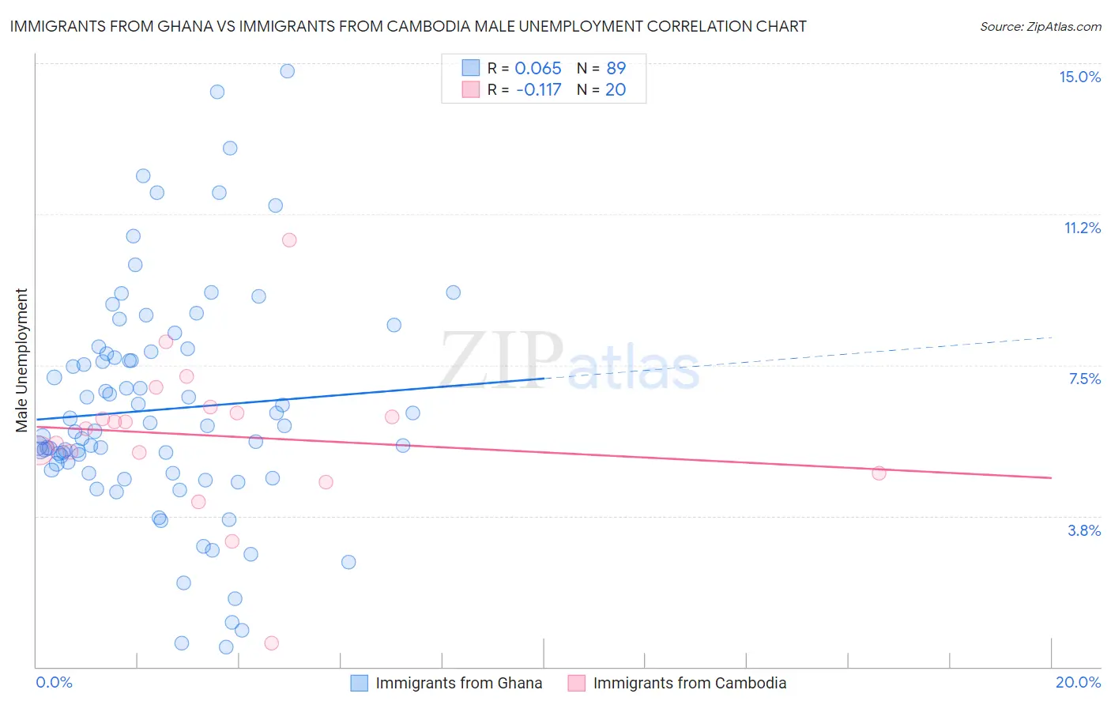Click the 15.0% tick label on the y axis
coord(1079,77)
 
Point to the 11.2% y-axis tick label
coord(1082,228)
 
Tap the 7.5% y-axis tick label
coord(1084,379)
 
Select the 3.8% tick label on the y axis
coord(1084,530)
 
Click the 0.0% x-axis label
coord(54,682)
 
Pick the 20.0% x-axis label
coord(1078,682)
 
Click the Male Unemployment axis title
coord(21,360)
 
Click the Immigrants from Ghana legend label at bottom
coord(458,683)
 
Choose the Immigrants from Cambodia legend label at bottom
coord(689,683)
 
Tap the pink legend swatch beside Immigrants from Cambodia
coord(577,683)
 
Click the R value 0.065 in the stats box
coord(537,69)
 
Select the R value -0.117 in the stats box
coord(538,89)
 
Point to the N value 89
coord(616,69)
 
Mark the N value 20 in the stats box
coord(615,89)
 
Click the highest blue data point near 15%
coord(287,71)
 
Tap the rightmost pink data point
coord(879,473)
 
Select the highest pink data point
coord(289,239)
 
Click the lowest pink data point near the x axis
coord(271,643)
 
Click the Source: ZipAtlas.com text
coord(1040,26)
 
